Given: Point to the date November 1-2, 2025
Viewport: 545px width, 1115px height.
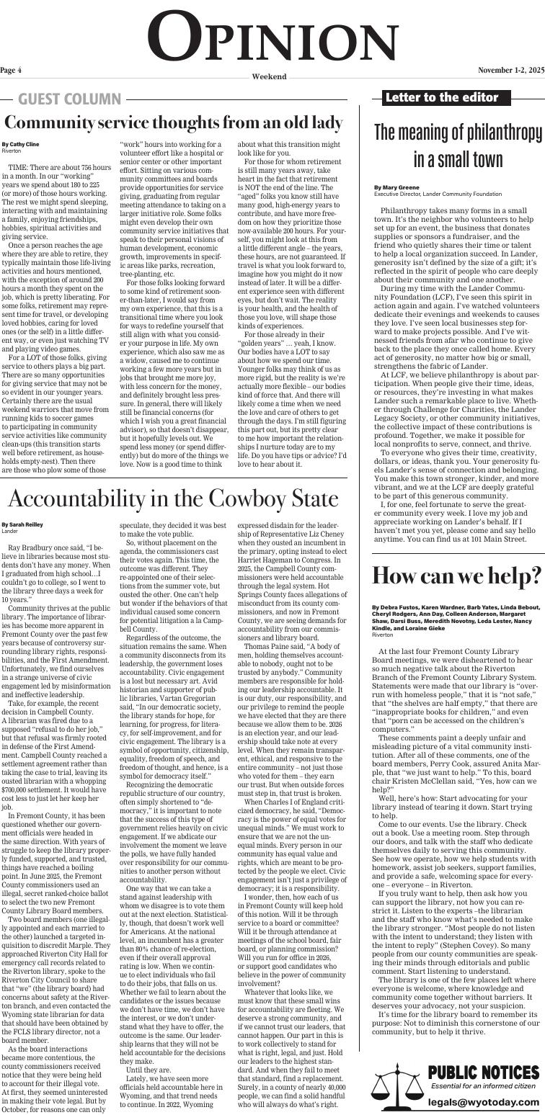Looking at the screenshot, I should pos(510,71).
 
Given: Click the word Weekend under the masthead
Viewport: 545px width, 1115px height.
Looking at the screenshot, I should pos(269,76).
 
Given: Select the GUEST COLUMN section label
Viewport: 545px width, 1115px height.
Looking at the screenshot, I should pos(69,99).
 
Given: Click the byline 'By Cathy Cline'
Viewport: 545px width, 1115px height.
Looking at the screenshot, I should pos(20,145).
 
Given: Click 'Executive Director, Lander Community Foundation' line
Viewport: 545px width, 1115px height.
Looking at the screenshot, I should pos(438,194).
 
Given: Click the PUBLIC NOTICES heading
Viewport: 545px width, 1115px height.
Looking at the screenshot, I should pos(483,1053).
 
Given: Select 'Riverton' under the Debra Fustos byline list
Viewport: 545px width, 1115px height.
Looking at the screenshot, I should pos(383,635).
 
